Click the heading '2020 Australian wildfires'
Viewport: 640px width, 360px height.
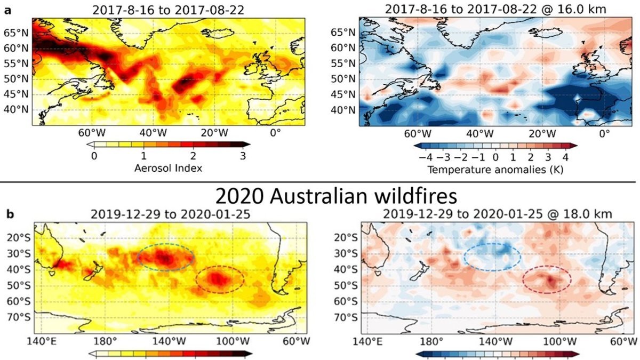[336, 196]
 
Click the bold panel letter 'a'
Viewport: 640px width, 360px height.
[8, 11]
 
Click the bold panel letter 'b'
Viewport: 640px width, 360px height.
[10, 214]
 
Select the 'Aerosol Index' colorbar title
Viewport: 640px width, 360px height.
[169, 169]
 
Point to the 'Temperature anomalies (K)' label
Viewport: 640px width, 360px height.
[495, 170]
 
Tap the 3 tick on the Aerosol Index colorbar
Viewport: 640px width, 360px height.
[243, 156]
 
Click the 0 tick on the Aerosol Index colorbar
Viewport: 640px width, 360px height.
[94, 156]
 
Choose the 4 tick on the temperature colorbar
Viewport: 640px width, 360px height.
[566, 157]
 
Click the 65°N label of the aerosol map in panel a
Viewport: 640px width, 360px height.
[17, 33]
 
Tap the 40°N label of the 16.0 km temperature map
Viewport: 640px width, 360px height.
[343, 110]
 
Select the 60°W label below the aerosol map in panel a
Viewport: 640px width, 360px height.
[92, 133]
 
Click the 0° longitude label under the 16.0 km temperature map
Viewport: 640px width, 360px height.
[604, 134]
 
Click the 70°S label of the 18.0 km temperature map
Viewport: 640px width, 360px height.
[346, 318]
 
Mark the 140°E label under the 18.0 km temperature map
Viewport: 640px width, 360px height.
[367, 342]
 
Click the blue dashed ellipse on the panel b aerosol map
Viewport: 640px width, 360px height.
[166, 244]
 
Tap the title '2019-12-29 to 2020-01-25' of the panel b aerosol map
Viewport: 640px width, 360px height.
[171, 214]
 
